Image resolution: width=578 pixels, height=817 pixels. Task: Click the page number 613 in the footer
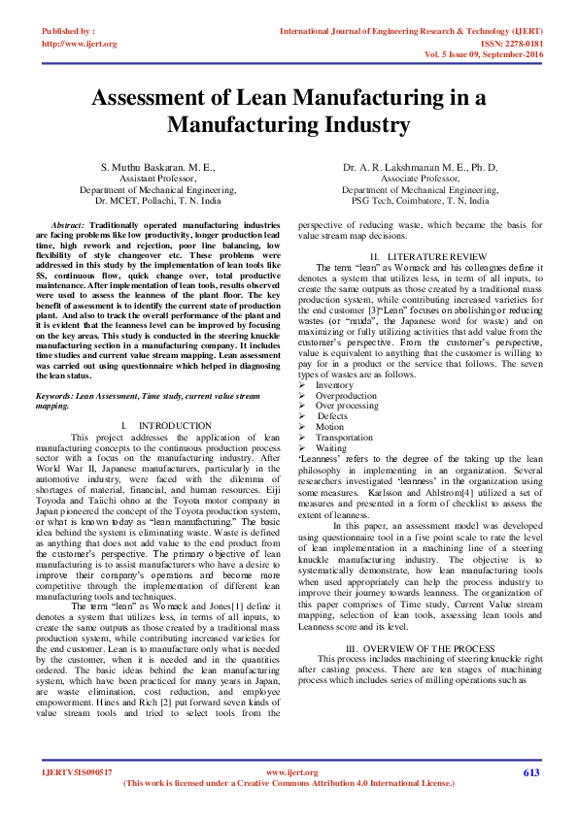coord(531,772)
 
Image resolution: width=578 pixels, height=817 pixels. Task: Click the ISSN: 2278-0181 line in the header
coord(505,44)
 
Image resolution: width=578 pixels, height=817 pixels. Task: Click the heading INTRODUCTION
coord(175,426)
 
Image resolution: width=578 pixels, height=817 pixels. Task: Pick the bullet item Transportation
coord(344,438)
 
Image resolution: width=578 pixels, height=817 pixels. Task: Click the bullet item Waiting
coord(331,448)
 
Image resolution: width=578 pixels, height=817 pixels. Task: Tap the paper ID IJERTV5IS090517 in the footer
coord(77,772)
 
